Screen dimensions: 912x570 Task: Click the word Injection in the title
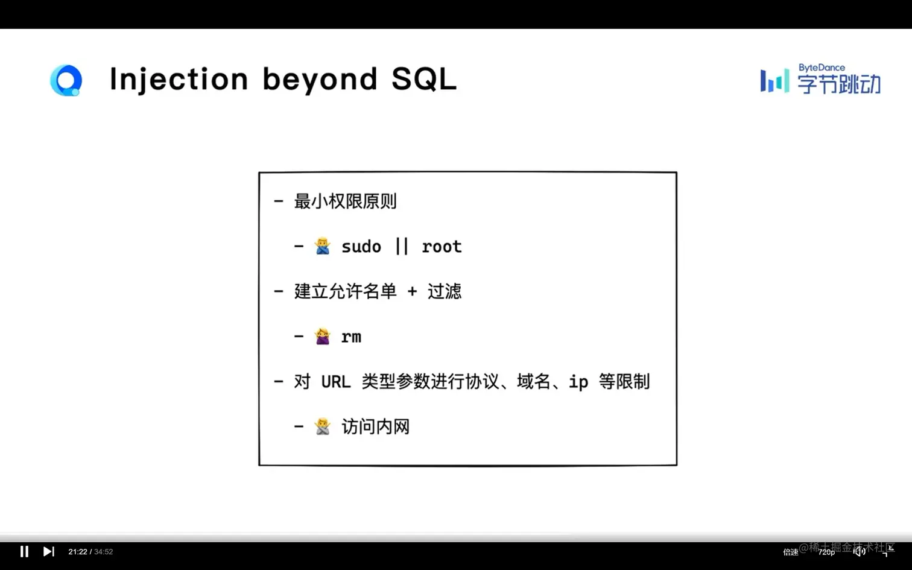[x=179, y=80]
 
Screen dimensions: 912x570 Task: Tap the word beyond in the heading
[x=320, y=80]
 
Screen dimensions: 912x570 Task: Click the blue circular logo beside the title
[x=66, y=80]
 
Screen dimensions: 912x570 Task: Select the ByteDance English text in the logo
[x=822, y=68]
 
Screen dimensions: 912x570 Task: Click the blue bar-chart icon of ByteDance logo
[x=774, y=81]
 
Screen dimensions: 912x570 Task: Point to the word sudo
[x=361, y=247]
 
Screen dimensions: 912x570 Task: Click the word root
[x=442, y=247]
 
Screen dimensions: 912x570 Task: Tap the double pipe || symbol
[x=402, y=247]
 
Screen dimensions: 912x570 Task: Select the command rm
[x=352, y=337]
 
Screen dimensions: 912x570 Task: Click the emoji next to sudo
[x=323, y=246]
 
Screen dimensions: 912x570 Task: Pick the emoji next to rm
[x=323, y=337]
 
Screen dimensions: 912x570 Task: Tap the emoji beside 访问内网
[x=323, y=426]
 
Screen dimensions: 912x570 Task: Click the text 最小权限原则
[x=345, y=201]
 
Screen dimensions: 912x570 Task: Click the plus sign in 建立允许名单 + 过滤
[x=413, y=291]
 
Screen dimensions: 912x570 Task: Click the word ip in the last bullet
[x=578, y=382]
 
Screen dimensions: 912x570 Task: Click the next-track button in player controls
[x=48, y=552]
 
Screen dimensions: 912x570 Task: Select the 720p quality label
[x=826, y=552]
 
